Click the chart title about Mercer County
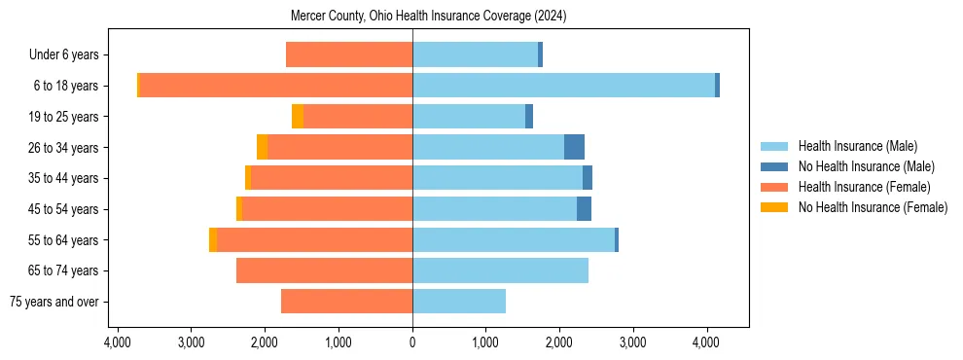[x=428, y=17]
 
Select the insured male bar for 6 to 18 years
[x=563, y=86]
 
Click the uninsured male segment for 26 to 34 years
[x=574, y=147]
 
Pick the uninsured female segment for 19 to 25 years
[x=298, y=117]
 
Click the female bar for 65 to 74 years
[x=324, y=270]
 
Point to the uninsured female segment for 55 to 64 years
[x=213, y=239]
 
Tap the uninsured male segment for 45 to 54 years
[x=584, y=209]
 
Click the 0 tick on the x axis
[x=412, y=342]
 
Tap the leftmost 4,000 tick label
[x=118, y=342]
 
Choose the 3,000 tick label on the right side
[x=633, y=342]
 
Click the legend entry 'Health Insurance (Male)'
[x=857, y=146]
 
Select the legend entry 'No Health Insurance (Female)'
[x=873, y=207]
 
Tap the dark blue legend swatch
[x=774, y=166]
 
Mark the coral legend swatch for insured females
[x=774, y=187]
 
